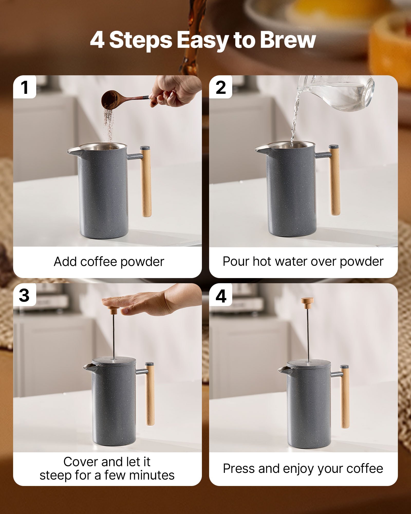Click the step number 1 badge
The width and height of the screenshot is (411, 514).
coord(25,87)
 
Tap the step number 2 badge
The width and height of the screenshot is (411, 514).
coord(221,87)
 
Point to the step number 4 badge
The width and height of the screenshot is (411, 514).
coord(221,296)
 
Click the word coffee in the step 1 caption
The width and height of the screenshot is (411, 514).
coord(100,262)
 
